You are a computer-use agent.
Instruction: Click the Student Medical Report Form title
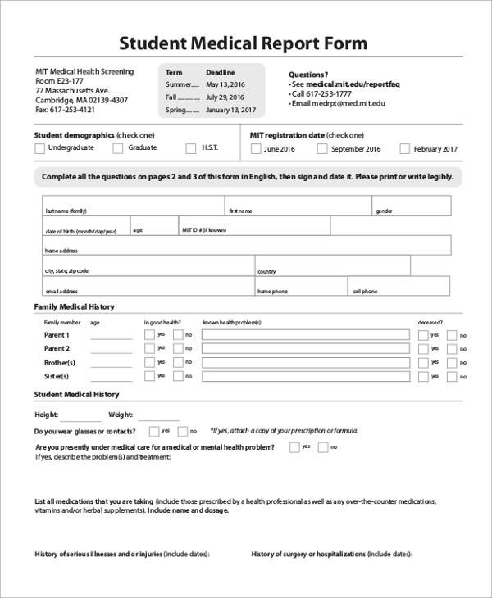[x=244, y=43]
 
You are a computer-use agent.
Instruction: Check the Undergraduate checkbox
[x=39, y=148]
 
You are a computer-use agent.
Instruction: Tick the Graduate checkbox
[x=118, y=148]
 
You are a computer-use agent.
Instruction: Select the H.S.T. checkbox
[x=191, y=148]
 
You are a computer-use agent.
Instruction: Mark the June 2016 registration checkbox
[x=256, y=149]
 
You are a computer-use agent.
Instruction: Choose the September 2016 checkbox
[x=322, y=149]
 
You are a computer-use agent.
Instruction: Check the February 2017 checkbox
[x=404, y=149]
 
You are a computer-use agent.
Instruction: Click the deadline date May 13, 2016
[x=225, y=84]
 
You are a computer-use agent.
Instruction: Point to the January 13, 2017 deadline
[x=230, y=110]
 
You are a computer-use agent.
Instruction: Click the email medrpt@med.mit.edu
[x=338, y=104]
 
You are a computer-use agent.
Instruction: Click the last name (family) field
[x=132, y=205]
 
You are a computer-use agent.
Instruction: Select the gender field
[x=410, y=205]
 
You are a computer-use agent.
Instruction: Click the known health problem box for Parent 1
[x=306, y=334]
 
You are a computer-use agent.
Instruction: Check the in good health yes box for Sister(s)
[x=149, y=376]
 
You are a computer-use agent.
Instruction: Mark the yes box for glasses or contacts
[x=154, y=431]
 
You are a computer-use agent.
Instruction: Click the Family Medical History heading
[x=74, y=306]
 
